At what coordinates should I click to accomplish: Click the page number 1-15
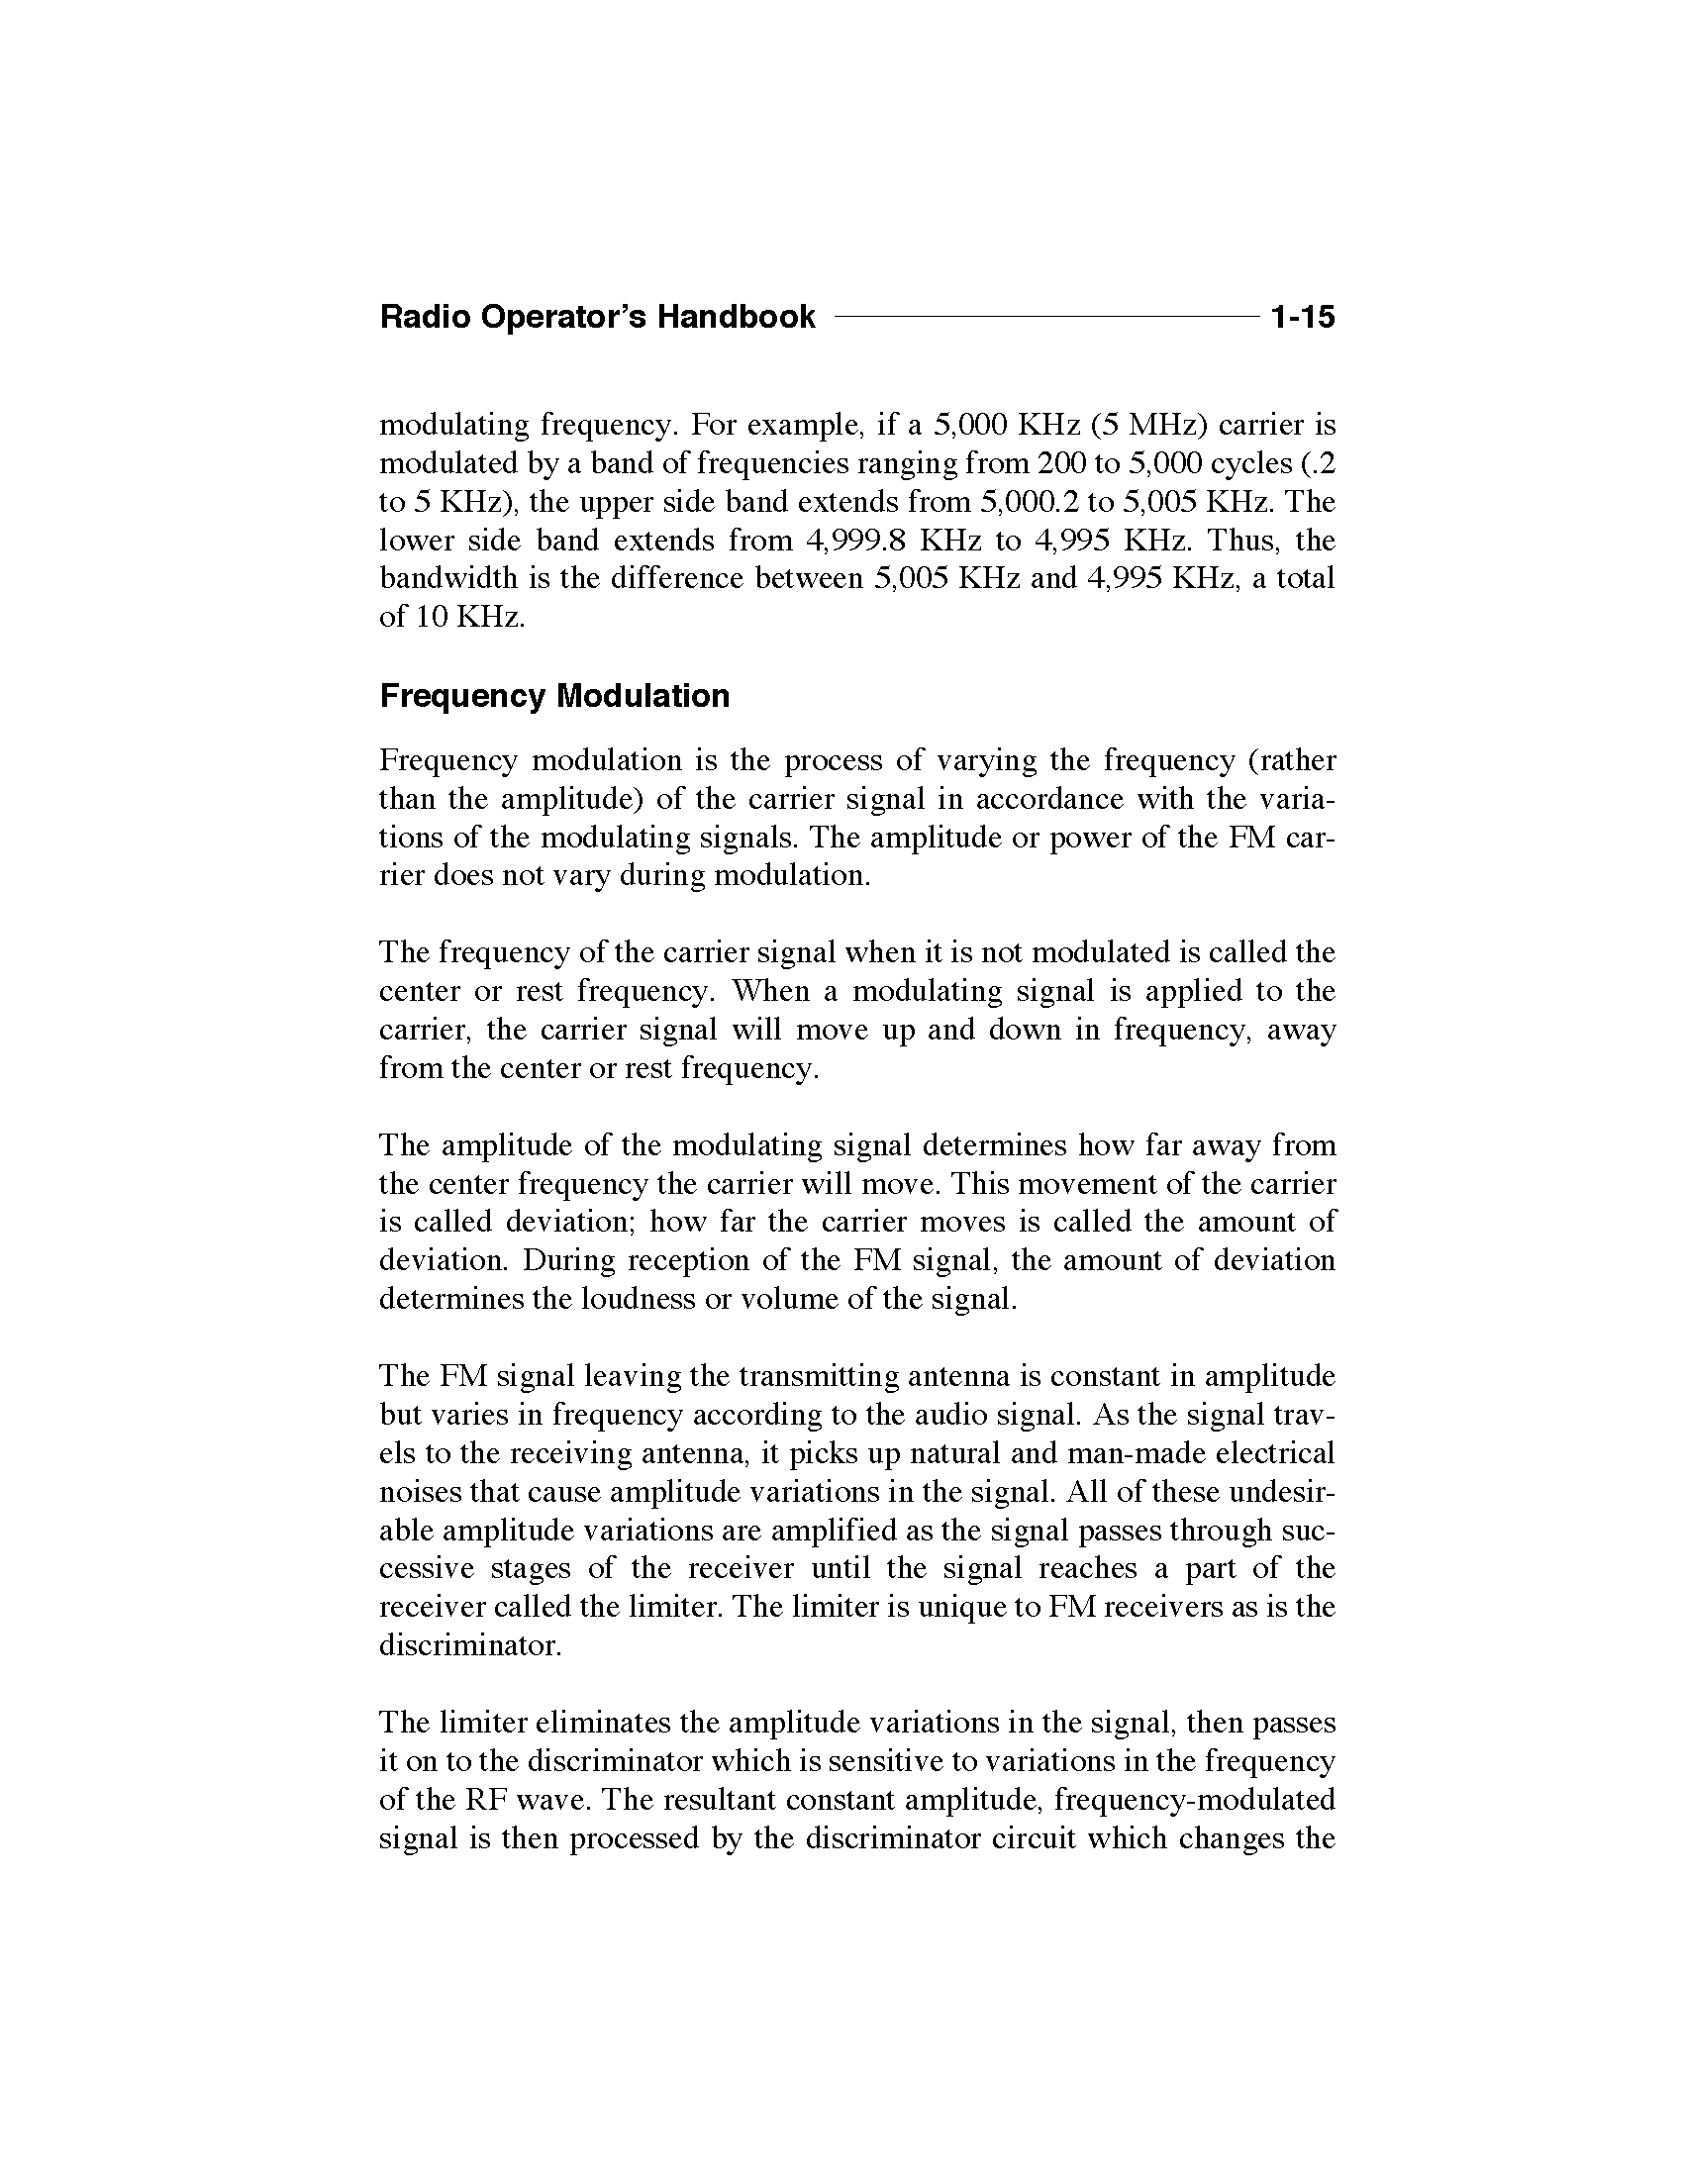tap(1302, 317)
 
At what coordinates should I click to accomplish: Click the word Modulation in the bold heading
tap(643, 695)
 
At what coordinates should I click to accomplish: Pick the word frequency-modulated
tap(1195, 1799)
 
